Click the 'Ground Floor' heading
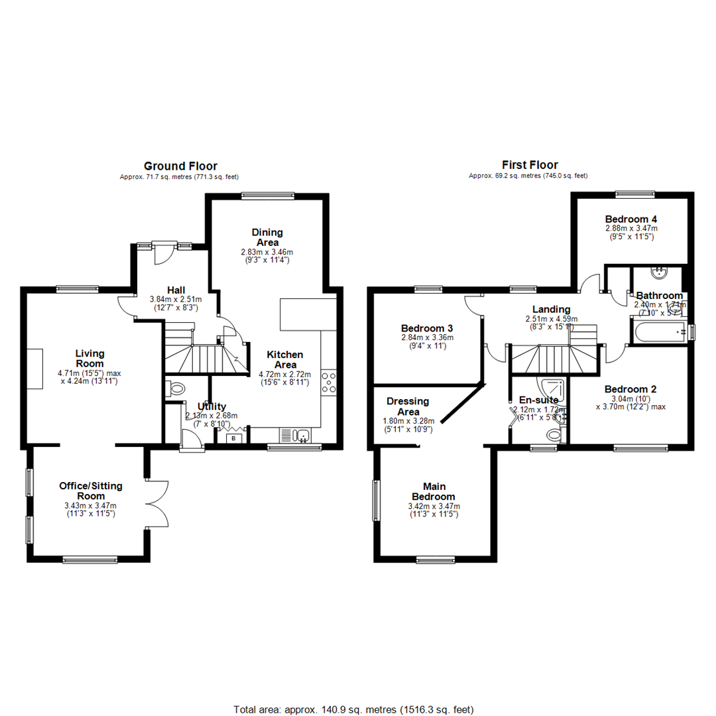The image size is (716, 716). click(180, 166)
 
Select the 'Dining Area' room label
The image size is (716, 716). click(267, 237)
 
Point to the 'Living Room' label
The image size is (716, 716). click(89, 359)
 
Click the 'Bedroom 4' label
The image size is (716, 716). click(631, 219)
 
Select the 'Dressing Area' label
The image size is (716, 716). click(408, 406)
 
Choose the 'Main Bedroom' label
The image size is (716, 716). click(434, 492)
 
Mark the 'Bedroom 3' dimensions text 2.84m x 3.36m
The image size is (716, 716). click(427, 337)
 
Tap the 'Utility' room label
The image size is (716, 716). click(211, 406)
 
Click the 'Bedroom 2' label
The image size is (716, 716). click(630, 389)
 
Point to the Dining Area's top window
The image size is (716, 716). click(267, 195)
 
